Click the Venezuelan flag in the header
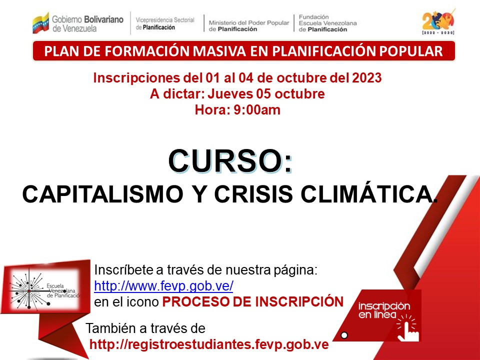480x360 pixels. coord(40,23)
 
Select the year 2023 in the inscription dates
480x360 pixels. coord(366,78)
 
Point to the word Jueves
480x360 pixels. coord(230,93)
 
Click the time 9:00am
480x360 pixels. coord(257,110)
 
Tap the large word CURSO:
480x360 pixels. coord(230,161)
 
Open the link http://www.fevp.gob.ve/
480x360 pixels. coord(164,286)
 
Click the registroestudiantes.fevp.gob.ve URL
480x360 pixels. coord(209,344)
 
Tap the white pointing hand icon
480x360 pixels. coord(407,328)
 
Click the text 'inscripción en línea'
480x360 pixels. coord(384,310)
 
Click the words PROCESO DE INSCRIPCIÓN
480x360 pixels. coord(253,302)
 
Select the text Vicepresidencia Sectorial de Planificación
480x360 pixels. coord(165,23)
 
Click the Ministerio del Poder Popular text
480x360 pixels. coord(249,22)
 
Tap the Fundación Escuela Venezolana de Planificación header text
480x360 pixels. coord(327,23)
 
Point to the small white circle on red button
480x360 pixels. coord(344,335)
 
